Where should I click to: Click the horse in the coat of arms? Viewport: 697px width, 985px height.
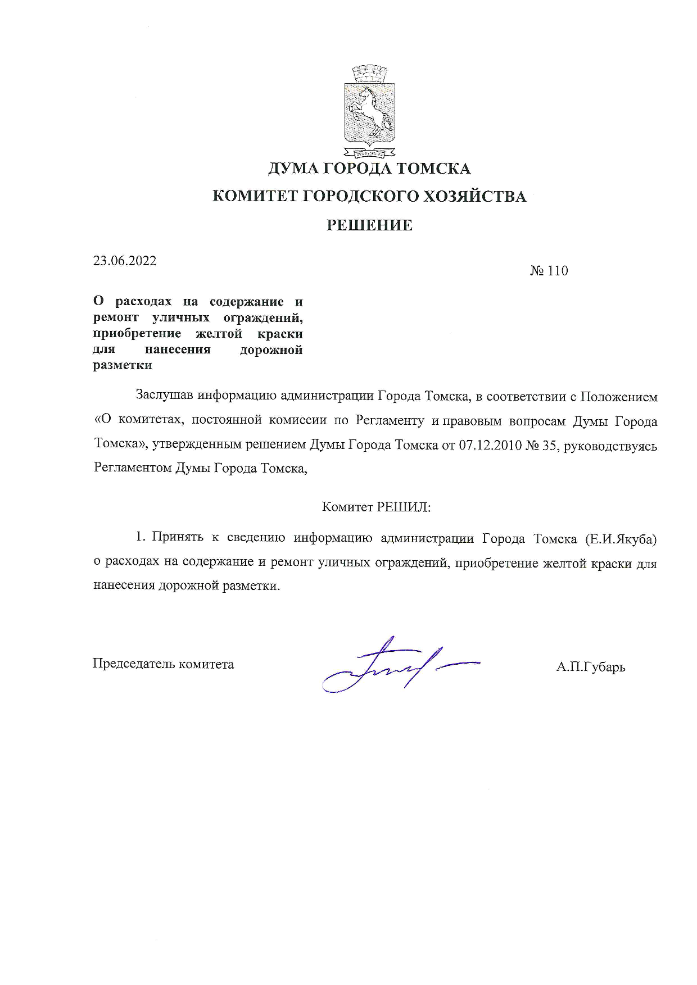coord(369,109)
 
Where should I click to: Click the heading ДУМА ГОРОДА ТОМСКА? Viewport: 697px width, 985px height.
coord(369,168)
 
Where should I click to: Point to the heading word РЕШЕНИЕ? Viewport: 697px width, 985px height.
coord(369,225)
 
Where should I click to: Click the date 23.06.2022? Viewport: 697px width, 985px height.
coord(125,261)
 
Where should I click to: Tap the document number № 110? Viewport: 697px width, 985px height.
coord(549,271)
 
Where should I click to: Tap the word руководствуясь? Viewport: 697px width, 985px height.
coord(610,445)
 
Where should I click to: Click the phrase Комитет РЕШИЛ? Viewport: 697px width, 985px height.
coord(376,507)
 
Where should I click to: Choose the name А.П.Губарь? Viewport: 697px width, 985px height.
coord(590,667)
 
